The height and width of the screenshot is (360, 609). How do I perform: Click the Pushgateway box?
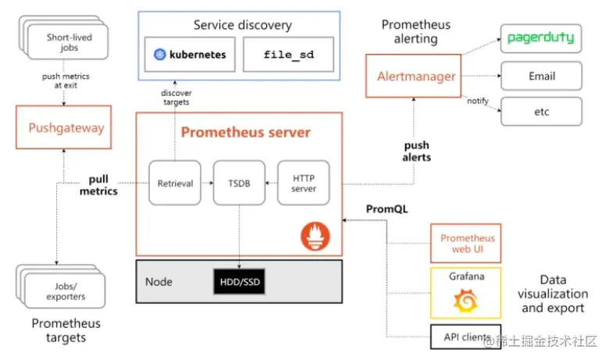point(66,127)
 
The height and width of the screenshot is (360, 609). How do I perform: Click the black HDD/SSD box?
point(239,281)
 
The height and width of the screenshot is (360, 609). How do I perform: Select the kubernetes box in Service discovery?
point(191,55)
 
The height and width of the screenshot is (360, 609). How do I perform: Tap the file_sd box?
point(288,55)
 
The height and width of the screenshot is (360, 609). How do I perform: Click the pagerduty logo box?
point(540,37)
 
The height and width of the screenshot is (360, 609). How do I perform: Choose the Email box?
point(540,77)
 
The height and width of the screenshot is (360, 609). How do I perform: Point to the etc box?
point(540,112)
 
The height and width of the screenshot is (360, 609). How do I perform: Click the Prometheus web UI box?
point(466,243)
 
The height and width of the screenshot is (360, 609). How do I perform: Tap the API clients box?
point(466,337)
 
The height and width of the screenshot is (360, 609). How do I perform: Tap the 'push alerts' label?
point(417,151)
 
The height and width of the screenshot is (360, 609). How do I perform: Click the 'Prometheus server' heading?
point(245,132)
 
